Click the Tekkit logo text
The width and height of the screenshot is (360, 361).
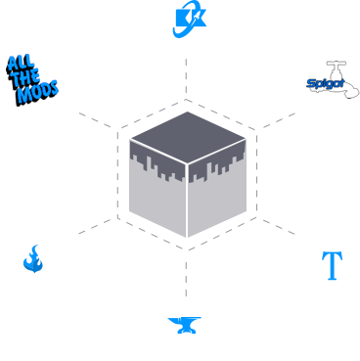[x=186, y=19]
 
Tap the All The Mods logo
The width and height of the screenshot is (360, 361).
[x=32, y=76]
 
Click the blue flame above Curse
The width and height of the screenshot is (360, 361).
[x=33, y=260]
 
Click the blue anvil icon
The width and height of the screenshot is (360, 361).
[x=183, y=326]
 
